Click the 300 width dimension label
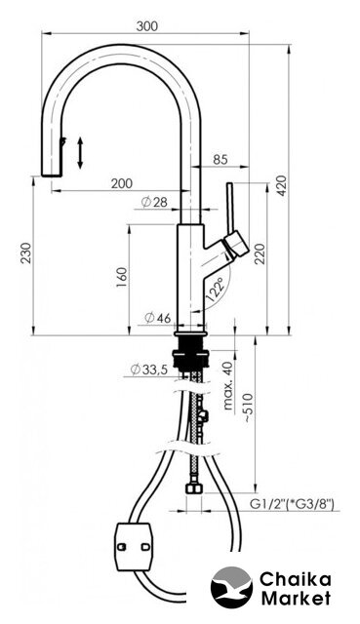(147, 26)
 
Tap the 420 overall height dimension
(282, 185)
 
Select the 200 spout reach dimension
(121, 183)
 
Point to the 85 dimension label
(220, 160)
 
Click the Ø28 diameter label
(154, 203)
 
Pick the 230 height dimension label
(26, 253)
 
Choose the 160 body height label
(122, 278)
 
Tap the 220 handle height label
(260, 254)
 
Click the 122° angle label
(216, 291)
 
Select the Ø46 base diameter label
(158, 318)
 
